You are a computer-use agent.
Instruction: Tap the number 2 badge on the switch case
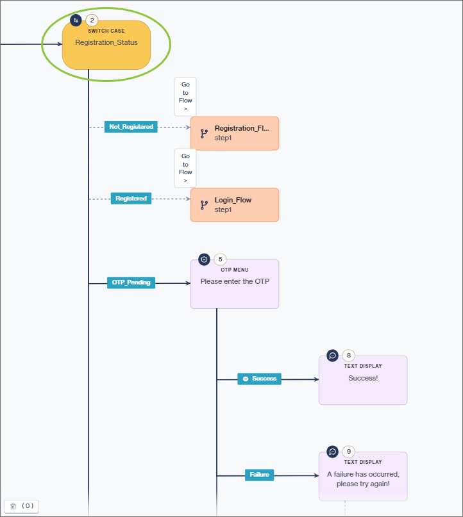[92, 21]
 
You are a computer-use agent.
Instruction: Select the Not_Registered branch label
[131, 127]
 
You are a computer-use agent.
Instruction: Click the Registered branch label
[131, 199]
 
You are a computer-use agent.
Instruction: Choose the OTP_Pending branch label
[131, 283]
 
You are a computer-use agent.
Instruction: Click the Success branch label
[259, 379]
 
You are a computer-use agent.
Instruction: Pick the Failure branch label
[259, 475]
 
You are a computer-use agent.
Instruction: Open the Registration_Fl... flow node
[235, 133]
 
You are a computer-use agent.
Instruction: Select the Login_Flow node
[235, 205]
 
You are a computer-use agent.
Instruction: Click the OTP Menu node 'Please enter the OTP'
[235, 284]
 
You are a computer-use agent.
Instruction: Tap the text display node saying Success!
[363, 381]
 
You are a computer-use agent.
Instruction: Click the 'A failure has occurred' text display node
[363, 477]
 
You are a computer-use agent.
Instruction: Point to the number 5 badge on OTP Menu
[220, 259]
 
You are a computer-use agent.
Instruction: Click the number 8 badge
[348, 356]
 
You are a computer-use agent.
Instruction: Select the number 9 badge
[348, 452]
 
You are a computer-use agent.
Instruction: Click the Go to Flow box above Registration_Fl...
[185, 97]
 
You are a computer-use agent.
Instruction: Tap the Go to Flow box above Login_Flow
[185, 168]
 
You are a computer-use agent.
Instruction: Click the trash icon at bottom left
[13, 506]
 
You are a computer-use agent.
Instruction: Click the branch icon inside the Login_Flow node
[204, 205]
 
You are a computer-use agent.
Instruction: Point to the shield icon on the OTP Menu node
[204, 259]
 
